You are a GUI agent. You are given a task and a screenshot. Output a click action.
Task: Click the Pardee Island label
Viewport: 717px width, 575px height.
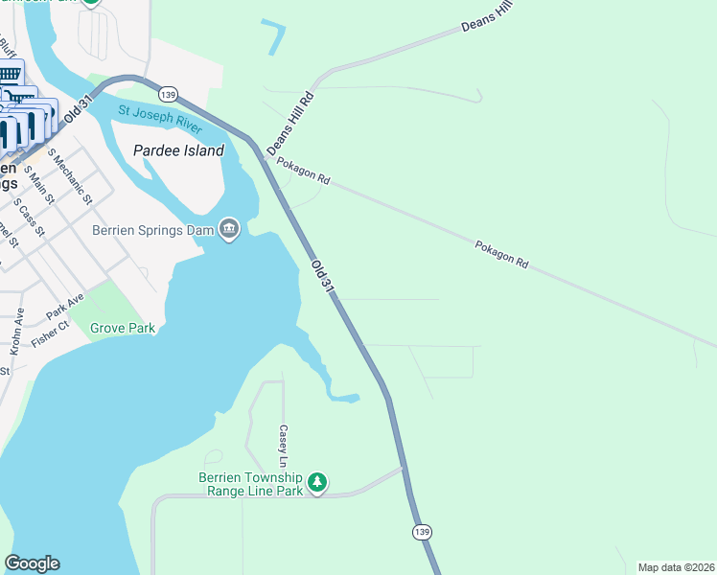pyautogui.click(x=179, y=150)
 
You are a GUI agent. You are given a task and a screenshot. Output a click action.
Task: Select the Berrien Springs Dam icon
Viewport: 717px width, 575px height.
pyautogui.click(x=229, y=230)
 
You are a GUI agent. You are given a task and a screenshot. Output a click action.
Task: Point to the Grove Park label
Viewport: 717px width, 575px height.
pyautogui.click(x=123, y=329)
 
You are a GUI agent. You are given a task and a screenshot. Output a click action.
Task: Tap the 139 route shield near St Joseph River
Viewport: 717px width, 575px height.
pyautogui.click(x=169, y=94)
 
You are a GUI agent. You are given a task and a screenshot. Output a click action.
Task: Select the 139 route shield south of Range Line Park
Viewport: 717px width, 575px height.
pyautogui.click(x=422, y=531)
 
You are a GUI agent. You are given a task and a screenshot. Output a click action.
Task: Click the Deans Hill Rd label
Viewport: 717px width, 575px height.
pyautogui.click(x=290, y=123)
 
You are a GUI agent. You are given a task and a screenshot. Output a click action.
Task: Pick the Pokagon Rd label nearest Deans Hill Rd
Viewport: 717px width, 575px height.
pyautogui.click(x=303, y=172)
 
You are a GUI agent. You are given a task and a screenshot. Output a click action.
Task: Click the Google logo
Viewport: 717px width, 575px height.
pyautogui.click(x=32, y=563)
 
